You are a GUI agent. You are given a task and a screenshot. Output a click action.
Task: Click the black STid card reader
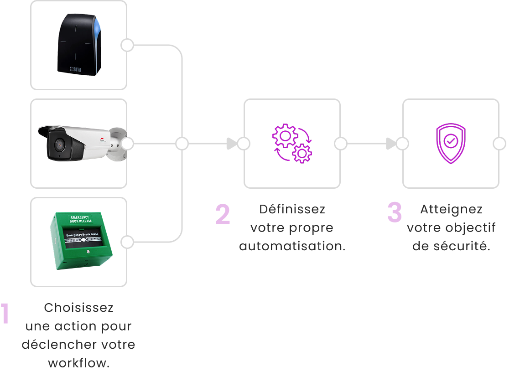coord(78,44)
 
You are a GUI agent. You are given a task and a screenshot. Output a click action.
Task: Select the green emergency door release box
coord(80,242)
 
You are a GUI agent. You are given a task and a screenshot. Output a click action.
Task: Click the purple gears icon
coord(292,144)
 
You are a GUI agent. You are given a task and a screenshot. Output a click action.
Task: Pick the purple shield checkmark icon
coord(451,144)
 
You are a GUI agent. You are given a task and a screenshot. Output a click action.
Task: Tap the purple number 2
coord(223,214)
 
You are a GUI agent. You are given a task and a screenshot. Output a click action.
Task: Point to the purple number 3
coord(395,212)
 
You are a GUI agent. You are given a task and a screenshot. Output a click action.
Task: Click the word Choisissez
coord(78,308)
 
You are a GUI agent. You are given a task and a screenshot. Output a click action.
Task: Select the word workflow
coord(78,363)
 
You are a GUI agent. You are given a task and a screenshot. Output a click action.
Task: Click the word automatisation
coord(292,246)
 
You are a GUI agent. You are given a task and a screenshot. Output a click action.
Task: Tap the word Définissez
coord(292,209)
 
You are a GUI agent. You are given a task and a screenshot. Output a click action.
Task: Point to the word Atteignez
coord(451,209)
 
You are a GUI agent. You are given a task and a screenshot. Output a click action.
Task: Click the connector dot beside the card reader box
coord(127,45)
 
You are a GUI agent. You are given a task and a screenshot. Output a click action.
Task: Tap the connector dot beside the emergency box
coord(127,242)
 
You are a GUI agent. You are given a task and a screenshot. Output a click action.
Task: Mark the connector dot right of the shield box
coord(499,144)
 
